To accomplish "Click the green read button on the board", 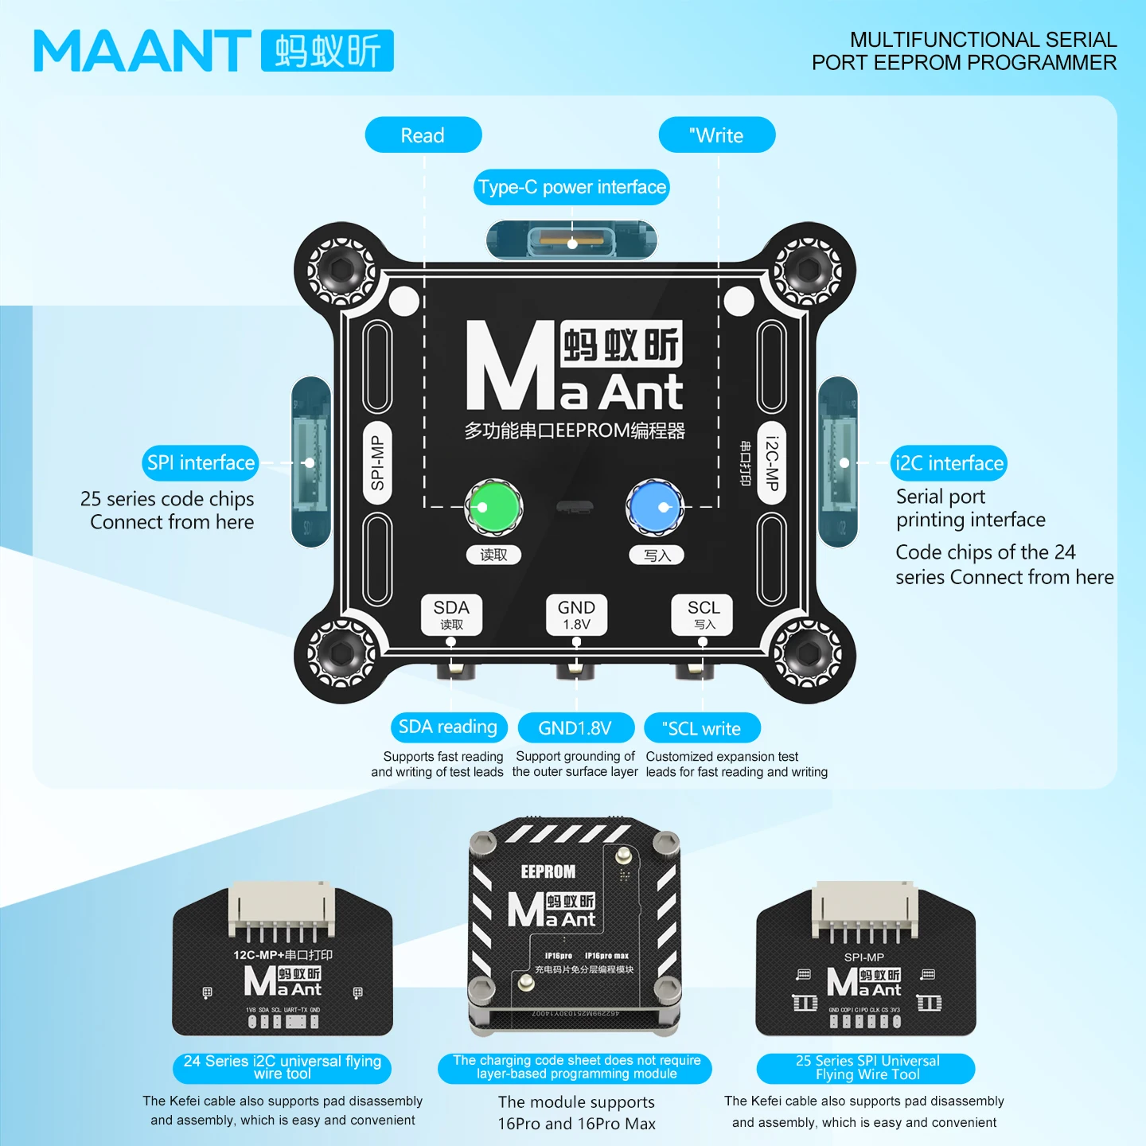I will click(493, 507).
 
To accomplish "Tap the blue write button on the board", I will click(654, 507).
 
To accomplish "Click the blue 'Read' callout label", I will click(423, 135).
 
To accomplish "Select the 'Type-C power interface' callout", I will click(571, 187).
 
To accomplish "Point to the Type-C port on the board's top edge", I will click(571, 240).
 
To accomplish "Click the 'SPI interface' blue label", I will click(201, 463).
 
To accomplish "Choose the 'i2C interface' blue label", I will click(949, 463).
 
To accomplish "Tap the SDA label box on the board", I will click(451, 614).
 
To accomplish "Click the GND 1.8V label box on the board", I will click(576, 614).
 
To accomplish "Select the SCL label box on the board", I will click(703, 614).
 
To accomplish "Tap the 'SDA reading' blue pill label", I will click(448, 727).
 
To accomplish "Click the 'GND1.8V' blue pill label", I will click(575, 728).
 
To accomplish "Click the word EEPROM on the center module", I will click(548, 871).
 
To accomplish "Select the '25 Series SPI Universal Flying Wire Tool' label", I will click(866, 1068).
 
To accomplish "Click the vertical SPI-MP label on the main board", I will click(377, 463).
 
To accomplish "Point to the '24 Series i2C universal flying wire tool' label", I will click(282, 1068).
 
